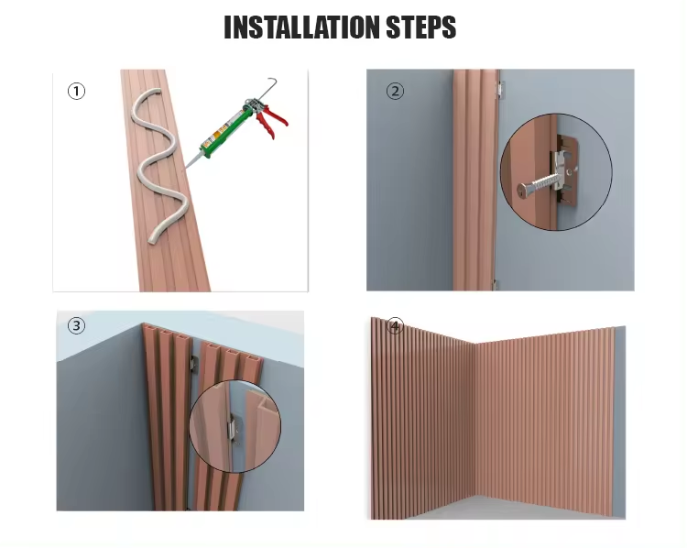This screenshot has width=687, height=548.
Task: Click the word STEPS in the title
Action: pos(421,27)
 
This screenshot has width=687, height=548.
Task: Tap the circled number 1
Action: pos(77,92)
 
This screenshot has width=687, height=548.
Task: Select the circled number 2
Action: pos(395,92)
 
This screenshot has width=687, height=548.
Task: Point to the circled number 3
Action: pos(77,325)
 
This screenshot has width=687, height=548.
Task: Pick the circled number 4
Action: pos(395,326)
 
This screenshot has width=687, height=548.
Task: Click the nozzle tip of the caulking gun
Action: pos(186,167)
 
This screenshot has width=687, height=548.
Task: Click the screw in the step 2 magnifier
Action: pos(539,184)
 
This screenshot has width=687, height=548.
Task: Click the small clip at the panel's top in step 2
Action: pos(498,89)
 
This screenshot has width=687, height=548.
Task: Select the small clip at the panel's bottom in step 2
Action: pos(495,285)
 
